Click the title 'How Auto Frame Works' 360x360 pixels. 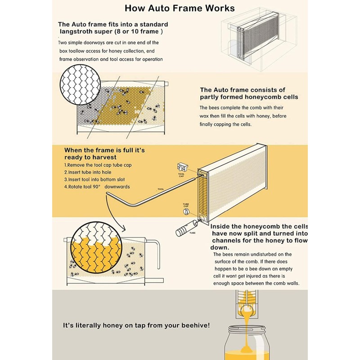pyautogui.click(x=180, y=8)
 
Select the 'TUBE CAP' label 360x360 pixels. pyautogui.click(x=185, y=204)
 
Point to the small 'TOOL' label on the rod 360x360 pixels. pyautogui.click(x=161, y=189)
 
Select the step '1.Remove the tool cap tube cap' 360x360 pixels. pyautogui.click(x=98, y=165)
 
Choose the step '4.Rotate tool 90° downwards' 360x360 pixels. pyautogui.click(x=97, y=187)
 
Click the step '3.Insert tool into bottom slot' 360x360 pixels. pyautogui.click(x=97, y=180)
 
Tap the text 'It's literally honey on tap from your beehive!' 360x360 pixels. pyautogui.click(x=136, y=325)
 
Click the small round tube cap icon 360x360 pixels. pyautogui.click(x=185, y=211)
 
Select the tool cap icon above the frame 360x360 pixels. pyautogui.click(x=182, y=167)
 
